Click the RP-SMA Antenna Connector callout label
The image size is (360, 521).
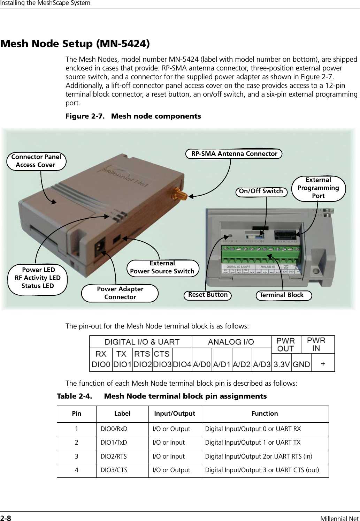pyautogui.click(x=234, y=153)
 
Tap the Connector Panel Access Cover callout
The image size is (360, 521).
pyautogui.click(x=36, y=161)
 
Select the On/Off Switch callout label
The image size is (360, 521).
pyautogui.click(x=261, y=191)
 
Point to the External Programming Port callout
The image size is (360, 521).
pyautogui.click(x=318, y=188)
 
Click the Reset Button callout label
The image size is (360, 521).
pyautogui.click(x=208, y=295)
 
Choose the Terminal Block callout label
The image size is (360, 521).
pyautogui.click(x=282, y=295)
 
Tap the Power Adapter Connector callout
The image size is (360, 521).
pyautogui.click(x=120, y=293)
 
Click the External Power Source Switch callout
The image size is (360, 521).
pyautogui.click(x=162, y=267)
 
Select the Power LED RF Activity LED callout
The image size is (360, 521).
pyautogui.click(x=38, y=278)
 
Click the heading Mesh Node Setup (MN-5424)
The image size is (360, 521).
pyautogui.click(x=75, y=44)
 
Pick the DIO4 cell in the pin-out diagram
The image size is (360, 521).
pyautogui.click(x=182, y=364)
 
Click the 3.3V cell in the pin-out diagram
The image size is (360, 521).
pyautogui.click(x=282, y=364)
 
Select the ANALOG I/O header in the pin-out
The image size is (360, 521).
pyautogui.click(x=231, y=342)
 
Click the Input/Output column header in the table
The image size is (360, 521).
pyautogui.click(x=175, y=414)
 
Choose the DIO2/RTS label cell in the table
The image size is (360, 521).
pyautogui.click(x=114, y=456)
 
